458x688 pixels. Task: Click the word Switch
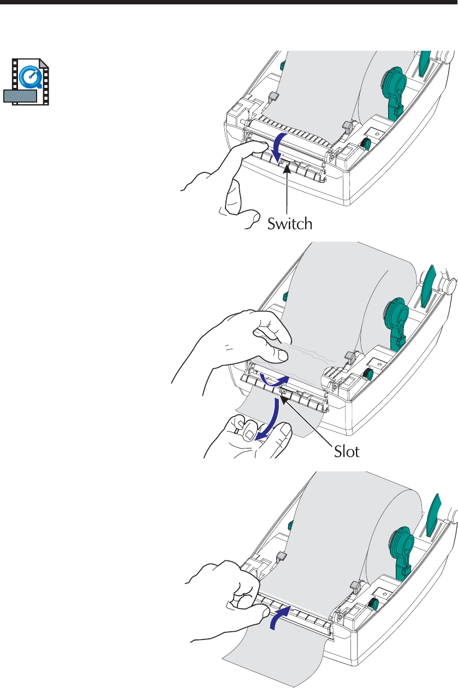(x=289, y=223)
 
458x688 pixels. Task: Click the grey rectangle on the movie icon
(x=20, y=97)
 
